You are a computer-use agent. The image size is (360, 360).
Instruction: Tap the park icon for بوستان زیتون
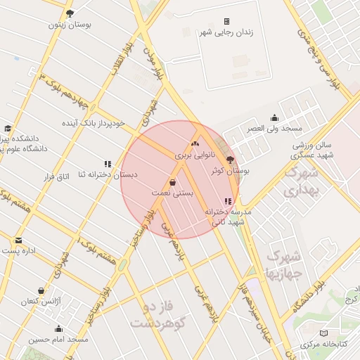(x=69, y=13)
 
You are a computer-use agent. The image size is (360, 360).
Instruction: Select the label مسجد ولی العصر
(x=274, y=129)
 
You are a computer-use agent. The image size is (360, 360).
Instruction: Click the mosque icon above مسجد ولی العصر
(x=274, y=118)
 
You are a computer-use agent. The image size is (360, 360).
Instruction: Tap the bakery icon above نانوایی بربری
(x=195, y=144)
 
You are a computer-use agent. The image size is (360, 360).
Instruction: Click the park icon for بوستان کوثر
(x=230, y=160)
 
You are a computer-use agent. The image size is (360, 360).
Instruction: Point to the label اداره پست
(x=20, y=250)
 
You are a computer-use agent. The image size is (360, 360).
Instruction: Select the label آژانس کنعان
(x=41, y=301)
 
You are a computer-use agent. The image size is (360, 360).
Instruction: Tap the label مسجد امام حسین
(x=58, y=340)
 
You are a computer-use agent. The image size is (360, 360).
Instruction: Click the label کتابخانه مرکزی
(x=324, y=345)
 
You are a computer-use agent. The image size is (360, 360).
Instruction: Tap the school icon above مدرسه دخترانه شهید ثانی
(x=226, y=201)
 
